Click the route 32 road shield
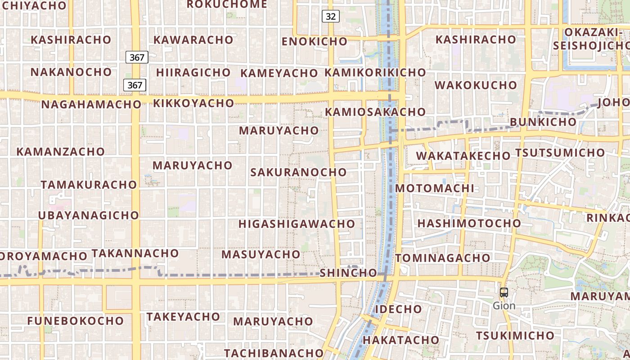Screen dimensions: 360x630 click(x=330, y=17)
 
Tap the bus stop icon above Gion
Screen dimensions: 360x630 click(x=504, y=292)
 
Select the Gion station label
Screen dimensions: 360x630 click(x=504, y=306)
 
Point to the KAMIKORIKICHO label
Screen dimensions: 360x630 click(x=375, y=72)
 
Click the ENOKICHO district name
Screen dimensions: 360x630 click(x=315, y=42)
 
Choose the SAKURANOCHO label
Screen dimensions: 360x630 click(x=298, y=172)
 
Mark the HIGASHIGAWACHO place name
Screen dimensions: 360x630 click(x=297, y=224)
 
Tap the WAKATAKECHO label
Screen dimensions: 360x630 click(x=463, y=156)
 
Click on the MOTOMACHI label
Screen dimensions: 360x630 click(x=435, y=189)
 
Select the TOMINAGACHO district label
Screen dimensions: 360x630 click(x=443, y=258)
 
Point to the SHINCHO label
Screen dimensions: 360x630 click(x=348, y=273)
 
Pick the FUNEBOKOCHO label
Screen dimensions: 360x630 click(x=75, y=321)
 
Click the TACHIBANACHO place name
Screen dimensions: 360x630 click(x=274, y=353)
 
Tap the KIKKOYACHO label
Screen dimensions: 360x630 click(x=193, y=103)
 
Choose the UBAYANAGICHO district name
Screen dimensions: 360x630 click(x=88, y=216)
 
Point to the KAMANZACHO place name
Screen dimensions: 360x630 click(x=60, y=152)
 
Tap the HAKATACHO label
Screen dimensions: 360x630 click(x=400, y=340)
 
